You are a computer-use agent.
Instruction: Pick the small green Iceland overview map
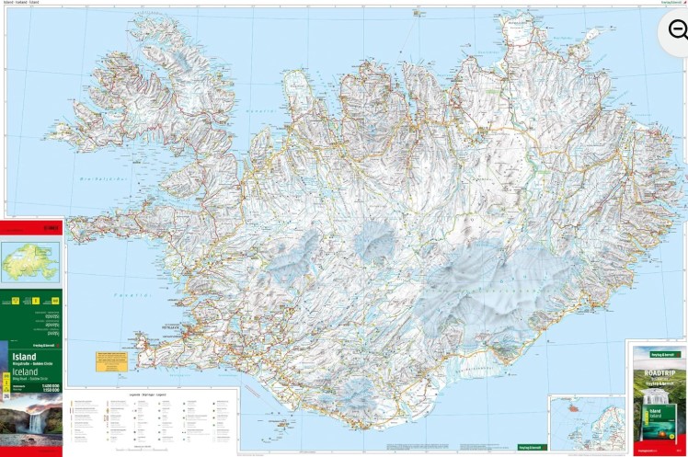coord(30,262)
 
